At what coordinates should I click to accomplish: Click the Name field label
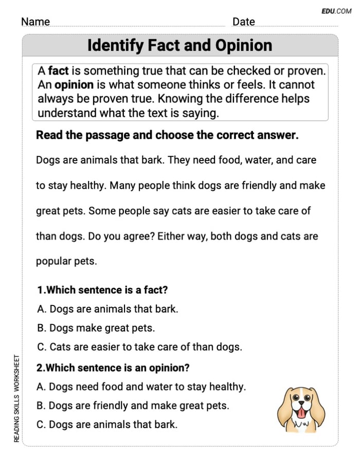click(x=35, y=22)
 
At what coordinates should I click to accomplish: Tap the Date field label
click(x=243, y=22)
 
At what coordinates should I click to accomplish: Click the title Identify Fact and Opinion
click(x=179, y=46)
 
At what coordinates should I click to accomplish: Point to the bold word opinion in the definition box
click(x=74, y=85)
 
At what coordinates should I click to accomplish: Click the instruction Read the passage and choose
click(x=167, y=135)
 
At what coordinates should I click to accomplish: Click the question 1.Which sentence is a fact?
click(x=102, y=290)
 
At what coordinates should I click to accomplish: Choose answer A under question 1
click(x=107, y=309)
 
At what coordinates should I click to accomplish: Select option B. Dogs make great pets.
click(x=96, y=328)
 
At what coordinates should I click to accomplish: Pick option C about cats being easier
click(x=139, y=347)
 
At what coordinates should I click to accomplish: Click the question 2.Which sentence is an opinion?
click(x=113, y=368)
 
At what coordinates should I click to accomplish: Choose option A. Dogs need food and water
click(x=141, y=387)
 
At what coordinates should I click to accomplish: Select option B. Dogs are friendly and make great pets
click(x=133, y=405)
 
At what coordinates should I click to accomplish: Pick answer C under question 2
click(x=107, y=424)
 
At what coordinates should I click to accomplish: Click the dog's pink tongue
click(x=301, y=415)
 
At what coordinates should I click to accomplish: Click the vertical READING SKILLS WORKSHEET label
click(x=16, y=399)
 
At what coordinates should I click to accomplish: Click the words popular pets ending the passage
click(x=66, y=261)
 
